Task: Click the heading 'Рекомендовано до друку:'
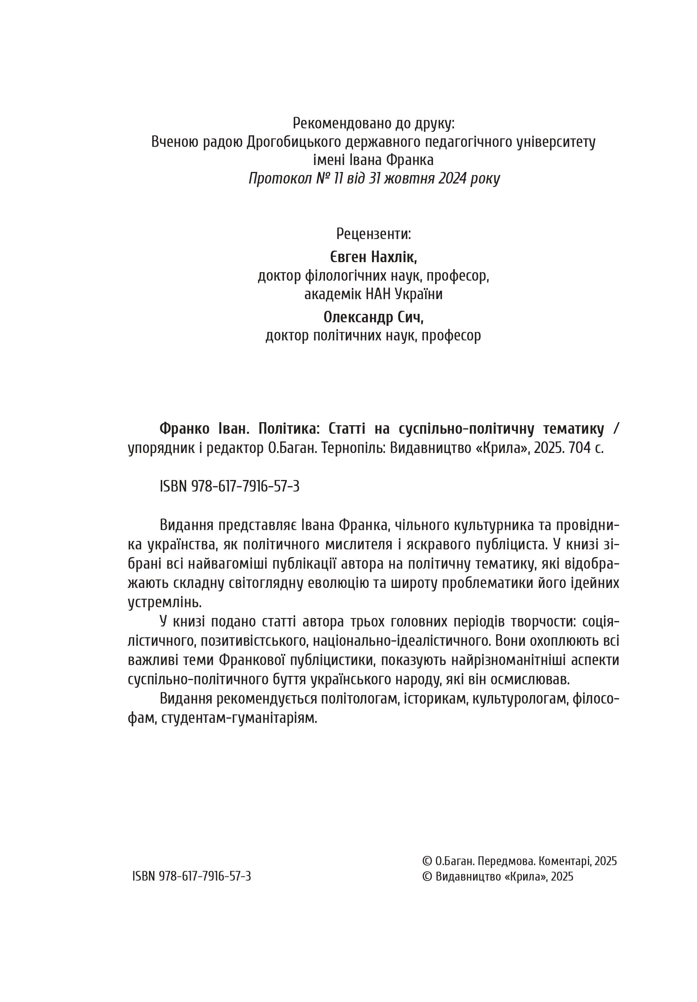pyautogui.click(x=373, y=123)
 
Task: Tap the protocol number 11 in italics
pyautogui.click(x=337, y=179)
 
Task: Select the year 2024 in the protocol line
pyautogui.click(x=452, y=179)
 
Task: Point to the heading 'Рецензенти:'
pyautogui.click(x=373, y=234)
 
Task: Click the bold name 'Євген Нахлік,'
pyautogui.click(x=373, y=257)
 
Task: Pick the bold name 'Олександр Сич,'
pyautogui.click(x=373, y=317)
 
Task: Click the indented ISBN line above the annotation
pyautogui.click(x=229, y=486)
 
